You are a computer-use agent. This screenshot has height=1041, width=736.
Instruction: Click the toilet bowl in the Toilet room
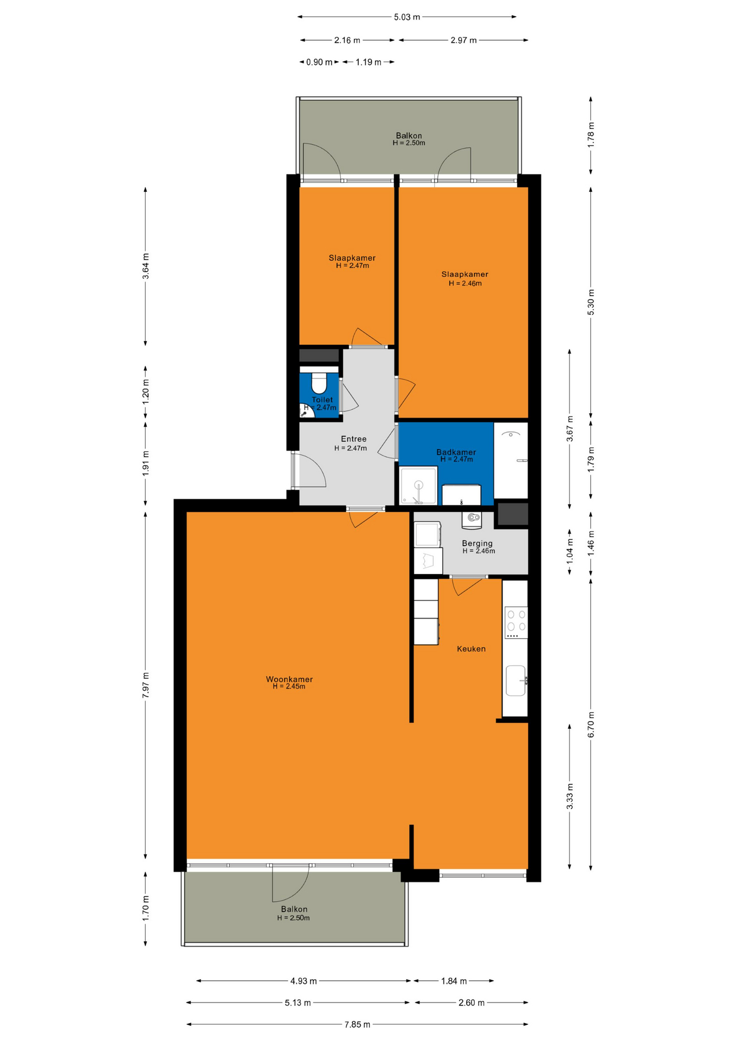click(x=319, y=383)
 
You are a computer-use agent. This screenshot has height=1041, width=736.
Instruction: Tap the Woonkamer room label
click(x=289, y=679)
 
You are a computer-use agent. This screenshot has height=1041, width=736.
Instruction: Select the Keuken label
click(x=471, y=648)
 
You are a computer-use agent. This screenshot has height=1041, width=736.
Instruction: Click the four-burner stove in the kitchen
click(x=515, y=622)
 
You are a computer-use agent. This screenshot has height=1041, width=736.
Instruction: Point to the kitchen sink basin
click(x=515, y=680)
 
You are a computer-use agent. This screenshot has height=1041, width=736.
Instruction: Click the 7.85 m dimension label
click(x=357, y=1024)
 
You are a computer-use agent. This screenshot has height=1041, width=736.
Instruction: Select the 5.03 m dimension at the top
click(x=407, y=17)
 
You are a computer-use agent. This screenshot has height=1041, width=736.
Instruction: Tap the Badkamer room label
click(x=456, y=452)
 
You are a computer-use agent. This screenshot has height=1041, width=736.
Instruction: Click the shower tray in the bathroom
click(x=418, y=486)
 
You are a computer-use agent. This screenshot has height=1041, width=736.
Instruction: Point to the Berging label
click(x=477, y=543)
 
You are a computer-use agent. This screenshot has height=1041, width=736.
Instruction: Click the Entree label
click(x=354, y=439)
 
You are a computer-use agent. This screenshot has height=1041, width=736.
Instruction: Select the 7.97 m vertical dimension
click(x=145, y=685)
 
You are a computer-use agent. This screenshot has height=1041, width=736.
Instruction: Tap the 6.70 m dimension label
click(x=591, y=724)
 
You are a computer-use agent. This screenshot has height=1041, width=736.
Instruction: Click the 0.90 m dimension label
click(x=319, y=62)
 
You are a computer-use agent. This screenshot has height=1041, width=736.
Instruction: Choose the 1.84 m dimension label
click(x=454, y=981)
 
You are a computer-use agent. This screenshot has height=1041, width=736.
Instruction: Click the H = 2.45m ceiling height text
click(x=289, y=686)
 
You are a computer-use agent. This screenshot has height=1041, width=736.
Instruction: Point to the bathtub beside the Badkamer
click(x=511, y=460)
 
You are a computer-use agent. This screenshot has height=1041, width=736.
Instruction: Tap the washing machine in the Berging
click(x=428, y=534)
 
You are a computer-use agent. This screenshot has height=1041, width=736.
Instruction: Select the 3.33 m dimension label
click(x=570, y=796)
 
